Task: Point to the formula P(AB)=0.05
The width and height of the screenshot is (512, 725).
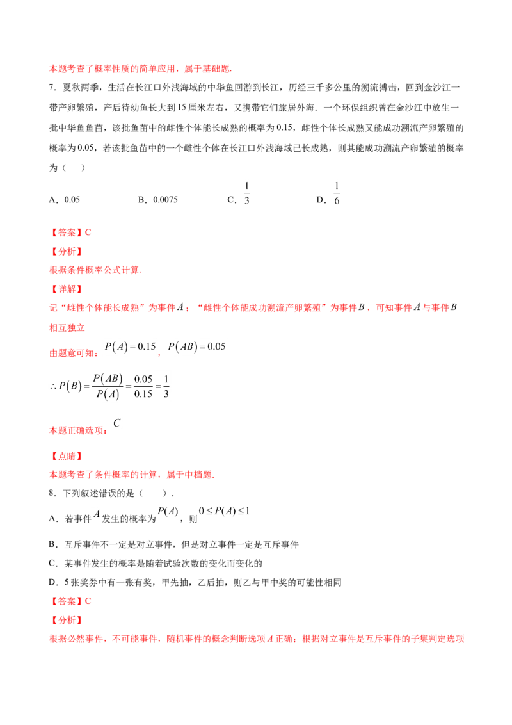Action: pos(197,348)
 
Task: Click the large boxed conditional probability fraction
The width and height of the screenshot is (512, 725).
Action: pos(110,386)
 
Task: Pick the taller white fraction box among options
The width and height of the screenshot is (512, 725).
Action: pos(335,192)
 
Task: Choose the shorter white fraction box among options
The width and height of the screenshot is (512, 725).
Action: pos(248,190)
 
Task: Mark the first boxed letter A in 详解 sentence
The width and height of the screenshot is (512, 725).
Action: pos(181,307)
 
